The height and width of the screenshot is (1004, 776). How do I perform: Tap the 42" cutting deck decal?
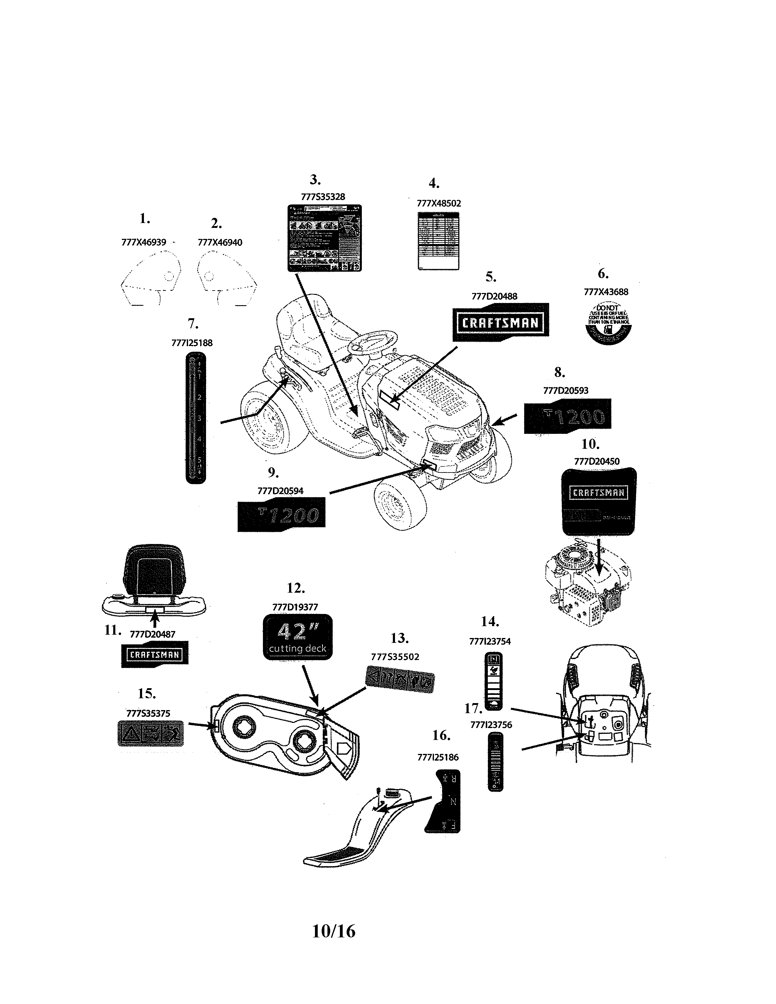tap(297, 637)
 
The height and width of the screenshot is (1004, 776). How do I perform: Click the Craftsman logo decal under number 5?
tap(501, 322)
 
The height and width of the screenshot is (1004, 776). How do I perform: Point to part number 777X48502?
tap(439, 203)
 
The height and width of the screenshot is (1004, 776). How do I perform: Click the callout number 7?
tap(193, 324)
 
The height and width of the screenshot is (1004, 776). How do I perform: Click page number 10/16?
tap(334, 931)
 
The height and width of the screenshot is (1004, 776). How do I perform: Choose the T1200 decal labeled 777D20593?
tap(567, 416)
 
